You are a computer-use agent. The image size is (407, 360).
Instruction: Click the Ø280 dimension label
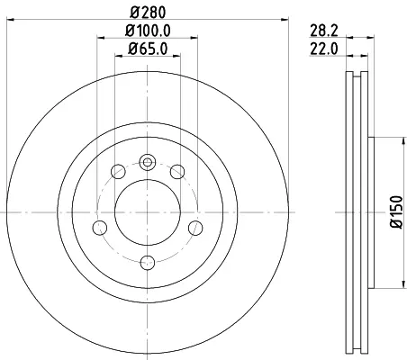148,13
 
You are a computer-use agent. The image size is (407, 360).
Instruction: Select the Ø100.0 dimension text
148,31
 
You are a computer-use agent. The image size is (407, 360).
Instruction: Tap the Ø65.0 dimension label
148,49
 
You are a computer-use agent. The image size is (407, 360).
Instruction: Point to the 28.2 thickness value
324,31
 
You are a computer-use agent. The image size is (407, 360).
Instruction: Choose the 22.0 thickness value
324,49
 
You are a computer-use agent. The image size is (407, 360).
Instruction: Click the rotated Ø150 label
396,211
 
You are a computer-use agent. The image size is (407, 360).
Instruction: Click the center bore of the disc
148,212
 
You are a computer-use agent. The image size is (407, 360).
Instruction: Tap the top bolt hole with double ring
148,162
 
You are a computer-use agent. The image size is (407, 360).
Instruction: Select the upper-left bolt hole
118,172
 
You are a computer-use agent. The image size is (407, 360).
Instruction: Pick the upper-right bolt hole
177,172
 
